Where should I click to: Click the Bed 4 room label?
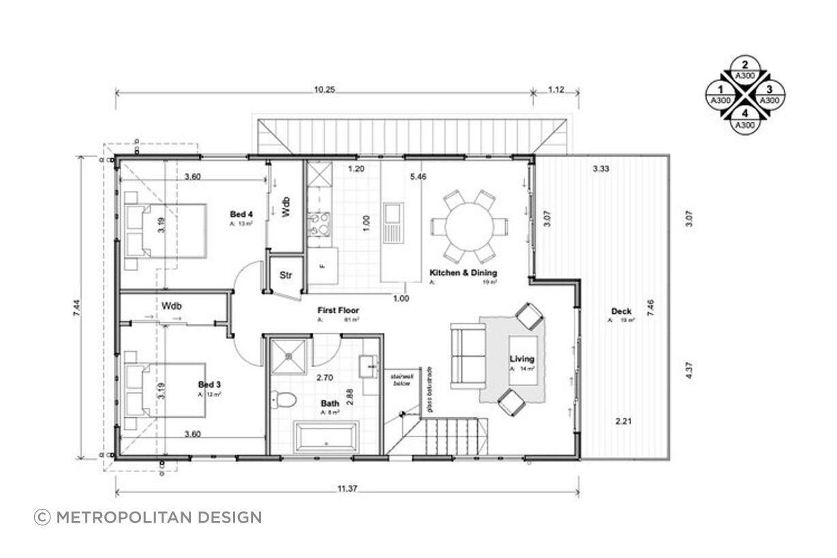(241, 215)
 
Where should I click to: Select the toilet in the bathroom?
(283, 398)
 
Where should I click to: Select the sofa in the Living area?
(468, 357)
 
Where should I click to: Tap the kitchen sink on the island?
(393, 222)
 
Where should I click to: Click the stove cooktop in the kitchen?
(319, 224)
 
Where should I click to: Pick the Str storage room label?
(286, 276)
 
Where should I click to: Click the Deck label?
(621, 312)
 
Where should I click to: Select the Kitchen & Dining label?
(463, 273)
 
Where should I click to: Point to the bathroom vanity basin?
(370, 368)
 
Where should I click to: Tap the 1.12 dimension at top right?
(557, 89)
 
